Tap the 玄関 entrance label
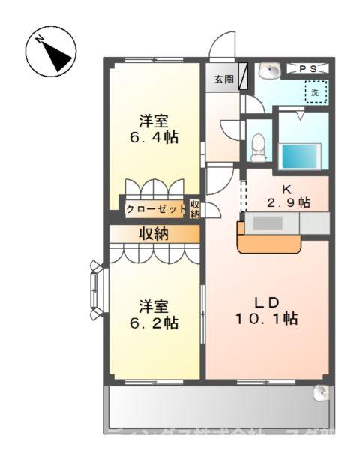[x=222, y=78]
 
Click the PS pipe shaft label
[x=307, y=69]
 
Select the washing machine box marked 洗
[x=316, y=94]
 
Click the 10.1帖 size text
[x=267, y=319]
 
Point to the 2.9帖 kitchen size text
[x=289, y=202]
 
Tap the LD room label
[x=267, y=302]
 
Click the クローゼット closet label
[x=155, y=209]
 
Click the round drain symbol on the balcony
[x=321, y=391]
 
